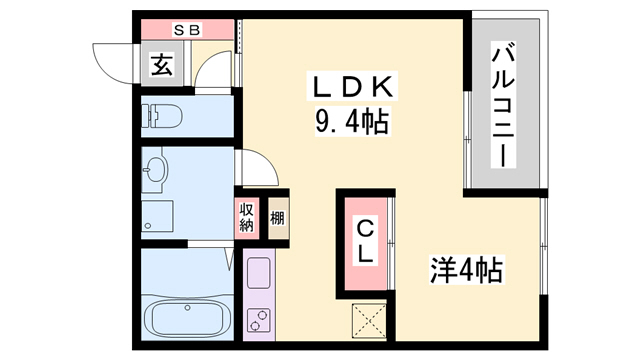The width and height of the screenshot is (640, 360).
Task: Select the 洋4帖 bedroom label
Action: coord(466,269)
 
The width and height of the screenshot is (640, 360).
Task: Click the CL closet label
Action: coord(367,242)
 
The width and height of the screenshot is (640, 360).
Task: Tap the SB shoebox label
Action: coord(188,29)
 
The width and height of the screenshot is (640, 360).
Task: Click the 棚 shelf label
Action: coord(276,216)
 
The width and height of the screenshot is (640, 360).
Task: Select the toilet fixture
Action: coord(165,118)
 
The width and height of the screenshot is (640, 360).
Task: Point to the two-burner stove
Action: coord(259,321)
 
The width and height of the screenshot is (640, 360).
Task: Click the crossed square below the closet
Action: coord(368,321)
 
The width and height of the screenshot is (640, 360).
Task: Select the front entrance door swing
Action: coord(113,60)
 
